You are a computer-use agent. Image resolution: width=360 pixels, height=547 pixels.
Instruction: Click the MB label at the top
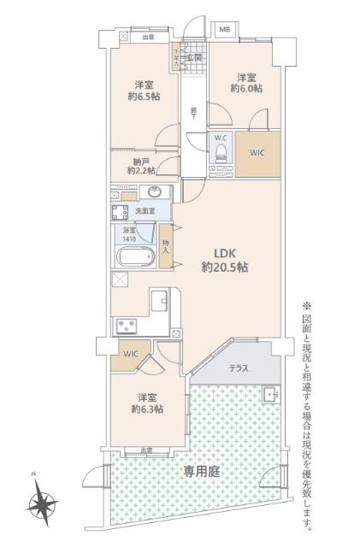tap(225, 29)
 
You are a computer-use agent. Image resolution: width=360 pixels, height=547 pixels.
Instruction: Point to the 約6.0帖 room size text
tap(248, 86)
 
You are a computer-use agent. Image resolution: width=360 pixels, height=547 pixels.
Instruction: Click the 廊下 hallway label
tap(195, 111)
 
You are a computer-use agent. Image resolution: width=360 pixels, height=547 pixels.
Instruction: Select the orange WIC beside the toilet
tap(258, 154)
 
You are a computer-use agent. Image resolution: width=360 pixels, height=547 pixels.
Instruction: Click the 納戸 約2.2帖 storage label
tap(140, 165)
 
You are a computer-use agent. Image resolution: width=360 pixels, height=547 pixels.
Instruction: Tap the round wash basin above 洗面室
tap(155, 191)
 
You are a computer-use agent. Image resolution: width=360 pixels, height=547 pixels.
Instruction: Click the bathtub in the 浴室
tap(134, 257)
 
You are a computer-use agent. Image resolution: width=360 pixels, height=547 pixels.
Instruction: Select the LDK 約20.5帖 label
tap(225, 260)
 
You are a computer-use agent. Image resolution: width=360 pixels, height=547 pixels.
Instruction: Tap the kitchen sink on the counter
tap(160, 301)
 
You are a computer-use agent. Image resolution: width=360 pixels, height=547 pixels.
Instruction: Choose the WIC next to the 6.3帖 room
tap(130, 353)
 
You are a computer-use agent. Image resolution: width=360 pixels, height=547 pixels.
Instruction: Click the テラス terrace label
tap(239, 368)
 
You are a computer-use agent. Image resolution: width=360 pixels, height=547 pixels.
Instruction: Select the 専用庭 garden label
tap(199, 469)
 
